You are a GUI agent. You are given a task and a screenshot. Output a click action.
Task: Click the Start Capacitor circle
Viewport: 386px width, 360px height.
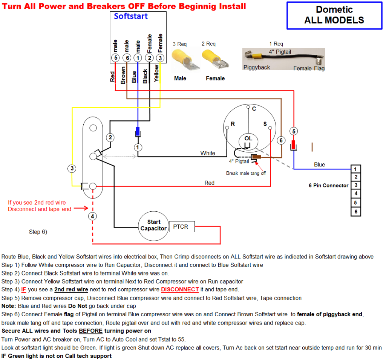pos(153,226)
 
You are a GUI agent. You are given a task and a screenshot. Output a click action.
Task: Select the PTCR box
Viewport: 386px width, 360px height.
pos(181,227)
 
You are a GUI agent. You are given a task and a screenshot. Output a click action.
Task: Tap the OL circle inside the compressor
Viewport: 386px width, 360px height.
pos(248,140)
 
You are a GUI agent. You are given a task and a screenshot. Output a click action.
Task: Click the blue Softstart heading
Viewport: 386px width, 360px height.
pos(131,16)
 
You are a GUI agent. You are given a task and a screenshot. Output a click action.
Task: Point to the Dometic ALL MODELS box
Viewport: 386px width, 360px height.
pos(334,15)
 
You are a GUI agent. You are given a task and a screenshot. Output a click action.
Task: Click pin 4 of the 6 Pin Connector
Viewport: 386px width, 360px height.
pos(355,194)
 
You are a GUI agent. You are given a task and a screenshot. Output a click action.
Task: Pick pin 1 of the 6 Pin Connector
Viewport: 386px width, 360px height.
pos(355,169)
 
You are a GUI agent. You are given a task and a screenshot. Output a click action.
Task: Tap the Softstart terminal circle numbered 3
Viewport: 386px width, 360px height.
pos(160,58)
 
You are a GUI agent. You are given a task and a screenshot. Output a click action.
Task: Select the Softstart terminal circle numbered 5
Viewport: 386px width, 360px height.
pos(115,58)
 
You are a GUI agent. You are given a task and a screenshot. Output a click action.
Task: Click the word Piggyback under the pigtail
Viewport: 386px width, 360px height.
pos(256,68)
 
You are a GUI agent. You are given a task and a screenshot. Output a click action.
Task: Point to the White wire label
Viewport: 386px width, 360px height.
pos(208,153)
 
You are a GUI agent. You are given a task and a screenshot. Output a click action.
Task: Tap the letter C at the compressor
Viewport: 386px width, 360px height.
pos(254,109)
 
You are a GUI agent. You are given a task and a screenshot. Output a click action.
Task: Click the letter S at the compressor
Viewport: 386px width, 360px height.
pos(265,124)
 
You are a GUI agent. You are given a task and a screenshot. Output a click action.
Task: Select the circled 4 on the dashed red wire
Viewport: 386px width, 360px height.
pos(92,216)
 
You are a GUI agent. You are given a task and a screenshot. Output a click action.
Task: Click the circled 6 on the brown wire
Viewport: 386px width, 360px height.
pos(281,140)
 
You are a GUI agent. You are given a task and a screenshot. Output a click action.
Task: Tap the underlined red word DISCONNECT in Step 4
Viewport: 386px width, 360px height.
pos(180,289)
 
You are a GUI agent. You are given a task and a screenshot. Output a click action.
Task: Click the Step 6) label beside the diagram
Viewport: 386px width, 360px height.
pos(38,232)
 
